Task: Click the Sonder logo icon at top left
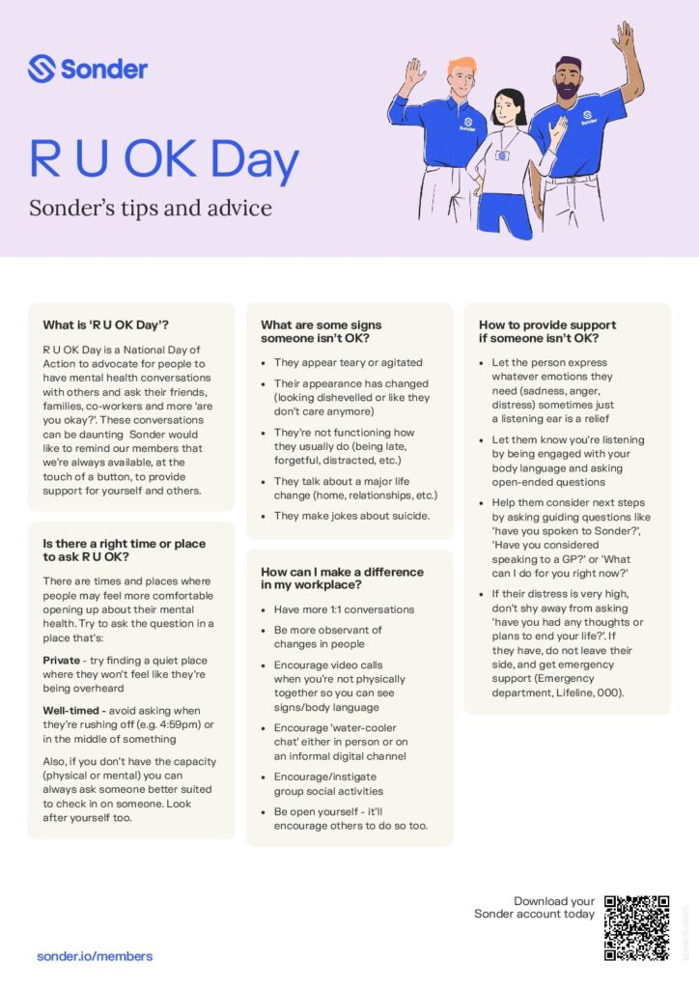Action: tap(42, 69)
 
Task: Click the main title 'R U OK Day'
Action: tap(163, 161)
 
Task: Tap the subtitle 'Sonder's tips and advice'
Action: tap(150, 208)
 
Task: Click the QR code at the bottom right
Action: tap(636, 927)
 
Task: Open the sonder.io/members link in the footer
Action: tap(95, 956)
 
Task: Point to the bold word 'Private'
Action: tap(61, 660)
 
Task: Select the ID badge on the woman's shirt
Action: tap(502, 155)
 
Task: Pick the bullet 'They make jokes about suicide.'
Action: tap(351, 515)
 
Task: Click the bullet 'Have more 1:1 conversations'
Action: tap(344, 609)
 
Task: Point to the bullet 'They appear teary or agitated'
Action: tap(348, 362)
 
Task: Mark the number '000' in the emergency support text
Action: tap(608, 692)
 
